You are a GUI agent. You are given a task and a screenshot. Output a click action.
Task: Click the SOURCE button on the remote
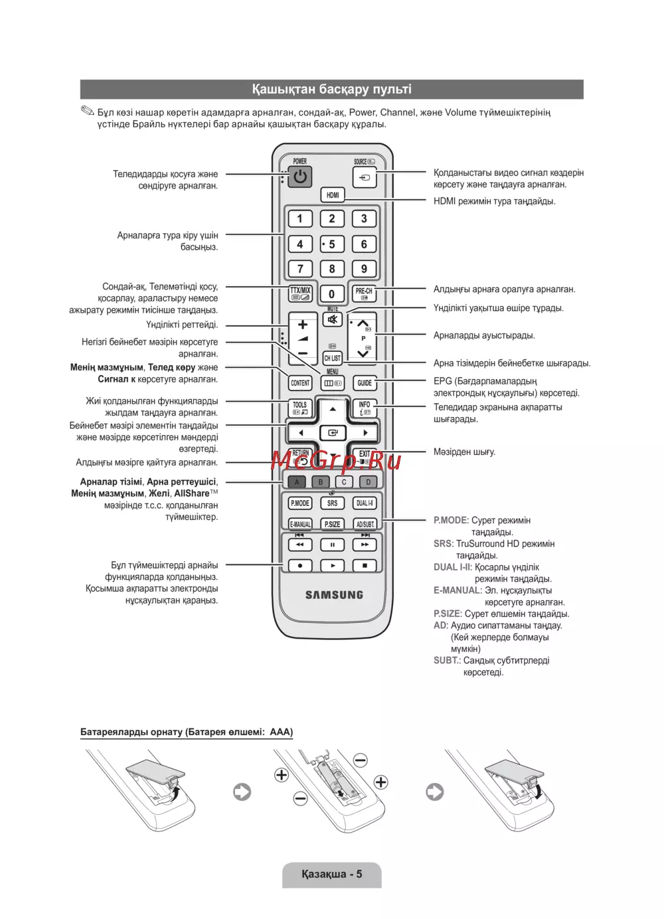(365, 177)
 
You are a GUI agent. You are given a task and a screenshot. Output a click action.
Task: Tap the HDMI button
(333, 195)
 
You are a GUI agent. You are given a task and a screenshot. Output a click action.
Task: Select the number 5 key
(332, 244)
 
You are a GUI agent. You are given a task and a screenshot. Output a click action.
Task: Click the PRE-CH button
(364, 293)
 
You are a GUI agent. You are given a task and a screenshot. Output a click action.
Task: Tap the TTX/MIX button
(300, 293)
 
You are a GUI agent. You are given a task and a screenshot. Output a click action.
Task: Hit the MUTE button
(332, 319)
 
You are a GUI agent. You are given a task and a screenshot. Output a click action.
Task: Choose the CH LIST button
(332, 358)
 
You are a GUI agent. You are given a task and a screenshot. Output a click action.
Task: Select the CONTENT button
(300, 383)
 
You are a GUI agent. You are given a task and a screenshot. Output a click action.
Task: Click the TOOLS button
(300, 408)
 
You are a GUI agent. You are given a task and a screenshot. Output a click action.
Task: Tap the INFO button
(365, 408)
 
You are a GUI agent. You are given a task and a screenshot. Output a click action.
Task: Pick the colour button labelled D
(368, 482)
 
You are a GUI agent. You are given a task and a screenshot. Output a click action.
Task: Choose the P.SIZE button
(332, 524)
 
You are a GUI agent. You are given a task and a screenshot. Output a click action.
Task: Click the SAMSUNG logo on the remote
(334, 595)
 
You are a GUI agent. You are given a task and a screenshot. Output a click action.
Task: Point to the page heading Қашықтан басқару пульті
(331, 89)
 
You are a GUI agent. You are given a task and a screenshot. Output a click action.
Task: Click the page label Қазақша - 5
(331, 874)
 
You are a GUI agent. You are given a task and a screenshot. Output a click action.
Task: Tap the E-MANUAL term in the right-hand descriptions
(457, 590)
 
